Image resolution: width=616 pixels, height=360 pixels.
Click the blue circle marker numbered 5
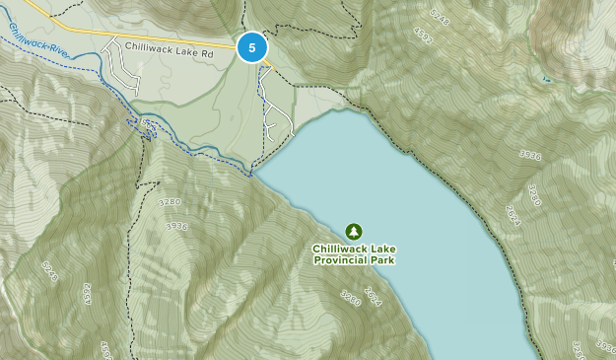point(253,47)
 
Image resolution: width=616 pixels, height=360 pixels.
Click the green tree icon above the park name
point(354,232)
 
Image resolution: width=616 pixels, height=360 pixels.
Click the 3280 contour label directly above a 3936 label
point(169,202)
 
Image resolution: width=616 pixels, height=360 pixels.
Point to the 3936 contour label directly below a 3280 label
point(176,226)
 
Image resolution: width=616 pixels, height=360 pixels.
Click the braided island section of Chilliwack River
point(146,125)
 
